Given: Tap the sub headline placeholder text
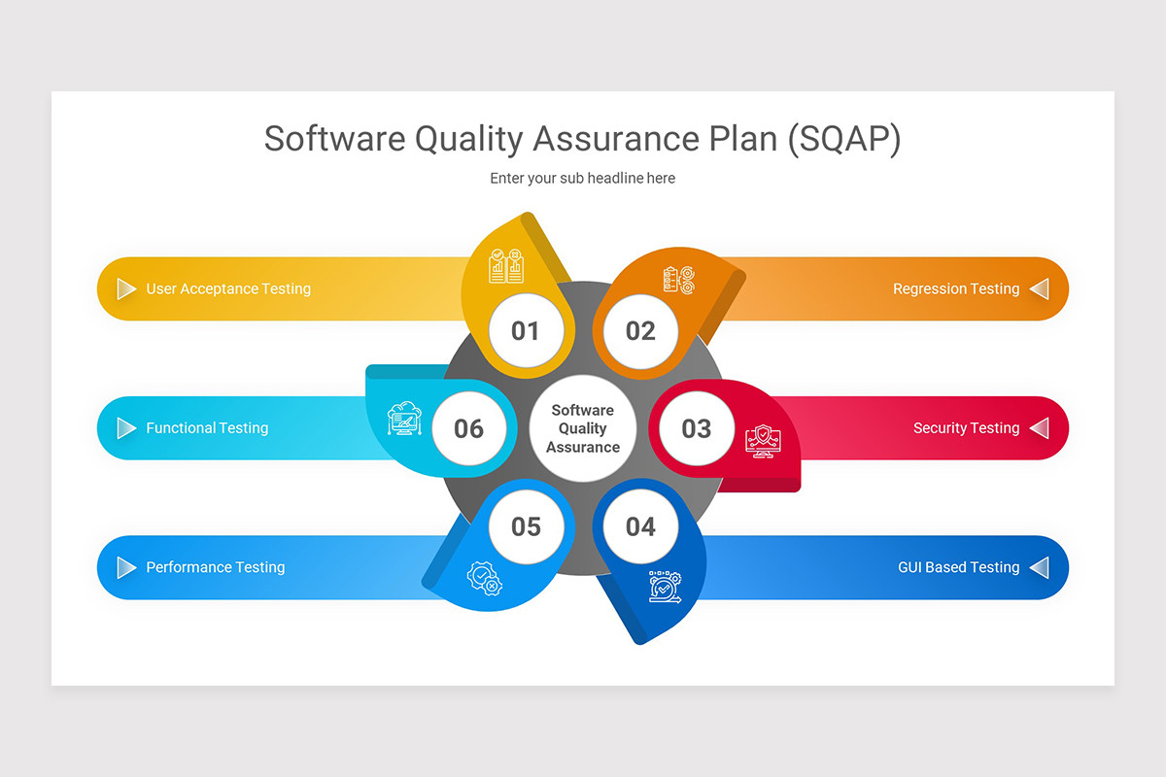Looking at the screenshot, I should tap(582, 179).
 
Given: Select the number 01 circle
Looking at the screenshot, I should tap(525, 331).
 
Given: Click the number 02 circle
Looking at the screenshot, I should tap(640, 331).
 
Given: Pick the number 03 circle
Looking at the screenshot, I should tap(696, 428).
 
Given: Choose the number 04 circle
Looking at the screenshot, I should tap(640, 526).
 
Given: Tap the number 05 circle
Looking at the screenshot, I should tap(525, 526).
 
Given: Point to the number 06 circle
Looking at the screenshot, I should tap(468, 428).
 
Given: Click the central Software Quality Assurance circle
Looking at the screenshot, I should tap(583, 428).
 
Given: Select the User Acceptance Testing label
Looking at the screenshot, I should tap(228, 288).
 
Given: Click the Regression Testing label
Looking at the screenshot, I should tap(956, 288).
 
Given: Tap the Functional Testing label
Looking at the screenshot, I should tap(207, 428).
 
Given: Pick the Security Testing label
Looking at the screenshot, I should tap(966, 428).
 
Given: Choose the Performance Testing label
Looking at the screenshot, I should tap(216, 567).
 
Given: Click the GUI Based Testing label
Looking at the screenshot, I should tap(958, 567).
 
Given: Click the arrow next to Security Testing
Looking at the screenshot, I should tap(1040, 428).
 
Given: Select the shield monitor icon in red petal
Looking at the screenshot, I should tap(762, 440).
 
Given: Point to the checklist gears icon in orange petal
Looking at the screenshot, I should tap(678, 280).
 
